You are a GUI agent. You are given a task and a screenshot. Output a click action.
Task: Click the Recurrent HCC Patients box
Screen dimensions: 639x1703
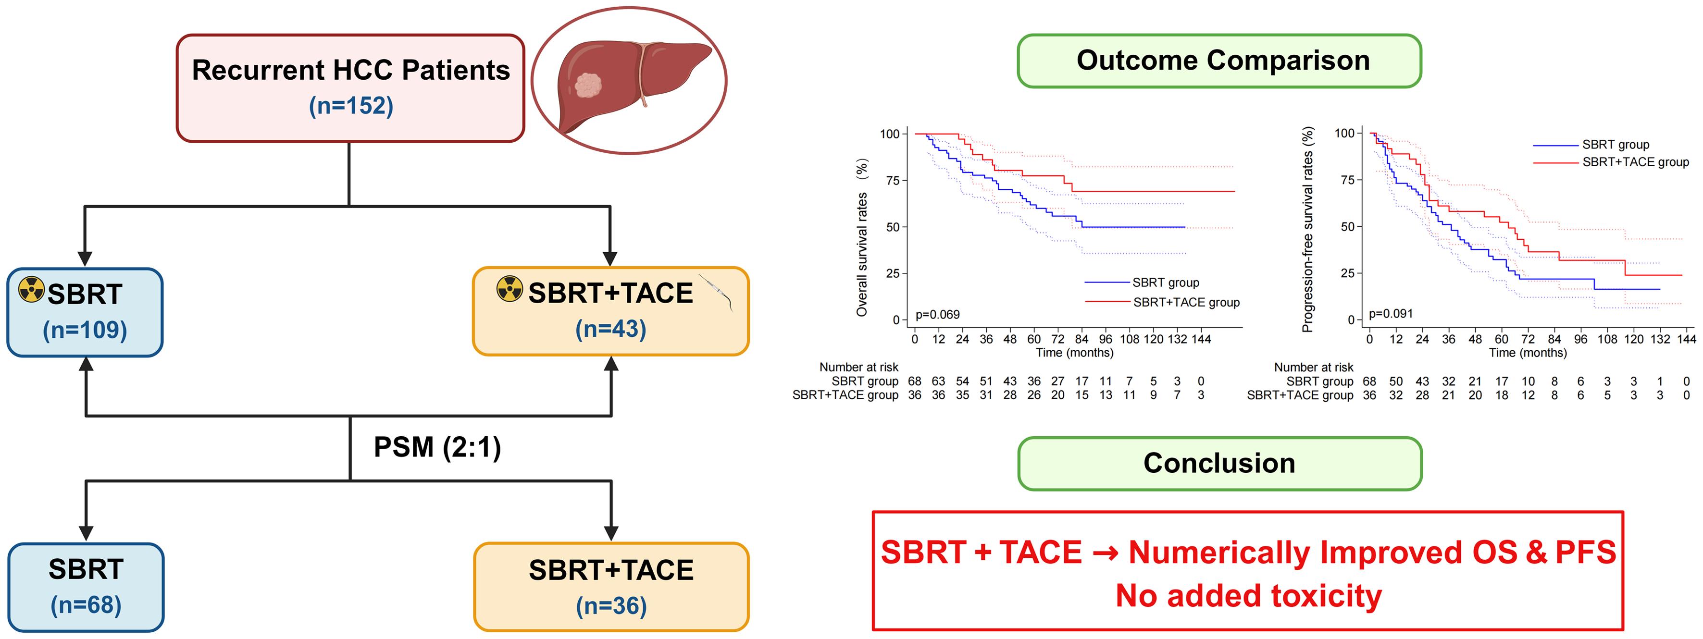click(350, 88)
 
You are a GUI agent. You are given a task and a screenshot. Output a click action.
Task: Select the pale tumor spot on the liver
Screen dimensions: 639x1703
click(588, 85)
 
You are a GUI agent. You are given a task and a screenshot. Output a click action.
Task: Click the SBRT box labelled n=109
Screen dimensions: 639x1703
click(85, 312)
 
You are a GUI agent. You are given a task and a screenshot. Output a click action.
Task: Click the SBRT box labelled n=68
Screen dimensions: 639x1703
click(86, 587)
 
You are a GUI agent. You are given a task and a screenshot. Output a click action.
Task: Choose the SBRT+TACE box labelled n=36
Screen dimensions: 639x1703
click(611, 587)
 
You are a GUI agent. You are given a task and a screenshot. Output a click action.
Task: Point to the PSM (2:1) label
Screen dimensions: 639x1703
click(437, 447)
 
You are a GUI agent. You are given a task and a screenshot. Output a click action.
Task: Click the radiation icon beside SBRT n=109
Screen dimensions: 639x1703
click(31, 289)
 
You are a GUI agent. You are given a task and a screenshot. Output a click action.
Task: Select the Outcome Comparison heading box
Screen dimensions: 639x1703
click(1219, 61)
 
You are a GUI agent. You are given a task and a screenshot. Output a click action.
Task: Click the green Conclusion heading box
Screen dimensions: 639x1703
click(1219, 463)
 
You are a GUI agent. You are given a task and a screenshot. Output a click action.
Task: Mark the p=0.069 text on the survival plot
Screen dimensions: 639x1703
click(937, 315)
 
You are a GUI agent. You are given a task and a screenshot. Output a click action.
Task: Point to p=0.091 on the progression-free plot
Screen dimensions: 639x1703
click(1390, 314)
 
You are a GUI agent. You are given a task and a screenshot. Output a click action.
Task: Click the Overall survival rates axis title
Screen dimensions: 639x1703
click(861, 238)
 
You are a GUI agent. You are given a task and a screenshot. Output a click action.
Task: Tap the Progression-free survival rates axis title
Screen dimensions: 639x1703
click(1307, 229)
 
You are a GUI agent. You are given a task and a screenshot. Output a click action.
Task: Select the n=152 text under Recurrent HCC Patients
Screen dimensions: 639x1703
click(351, 106)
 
